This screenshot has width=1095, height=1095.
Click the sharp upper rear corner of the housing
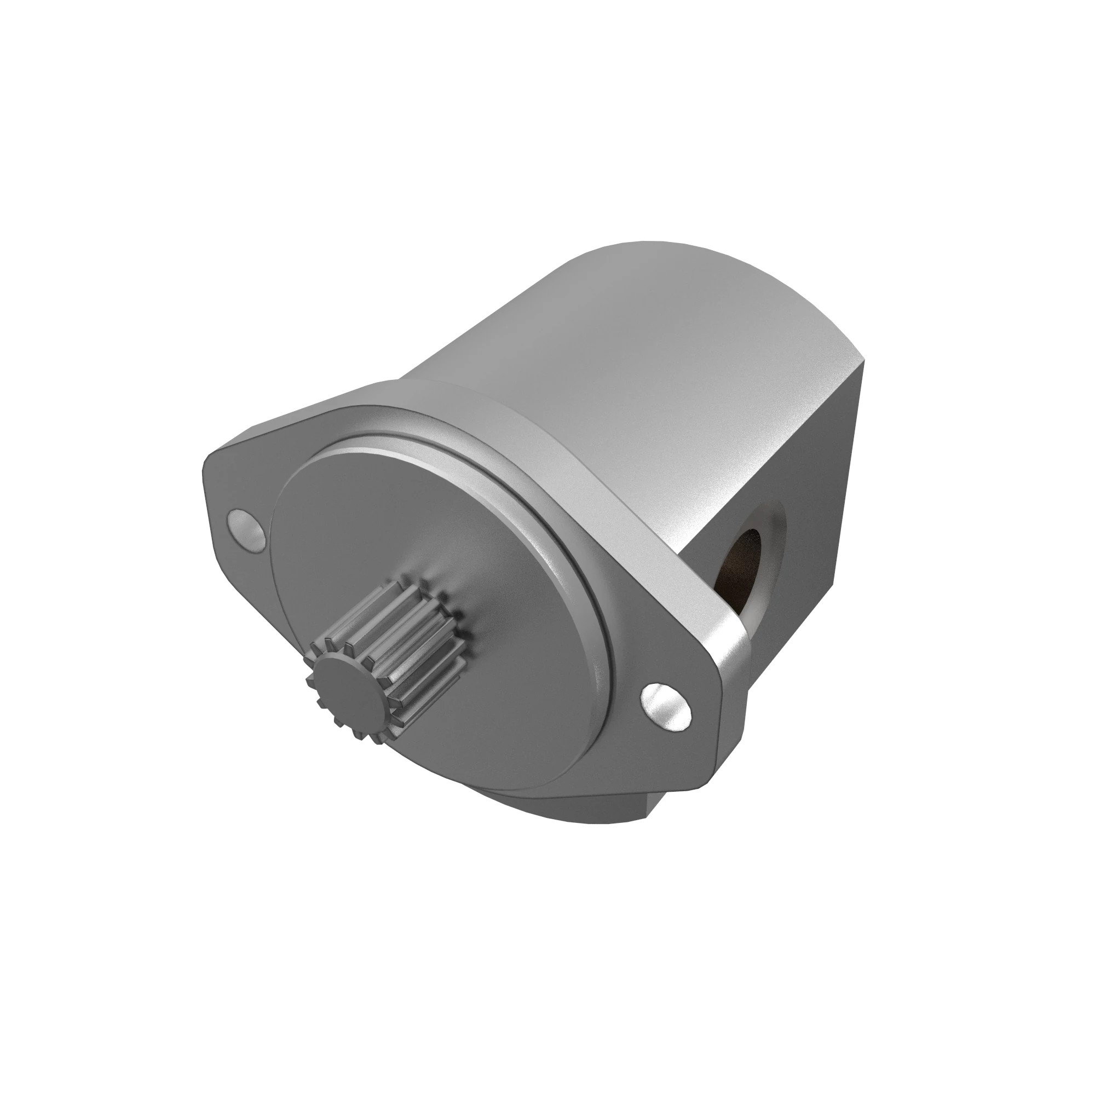coord(864,359)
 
